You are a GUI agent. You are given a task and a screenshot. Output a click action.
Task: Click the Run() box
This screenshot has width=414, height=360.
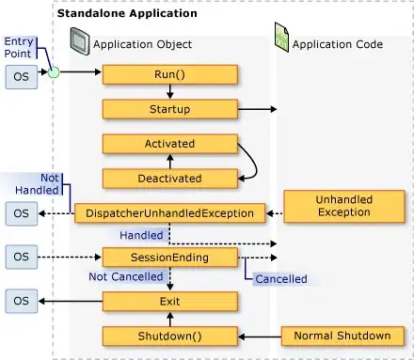pyautogui.click(x=170, y=74)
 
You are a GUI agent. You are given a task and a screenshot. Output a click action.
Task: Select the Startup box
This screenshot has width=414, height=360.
pyautogui.click(x=170, y=109)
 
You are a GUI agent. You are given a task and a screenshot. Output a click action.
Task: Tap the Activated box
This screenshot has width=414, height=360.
pyautogui.click(x=170, y=144)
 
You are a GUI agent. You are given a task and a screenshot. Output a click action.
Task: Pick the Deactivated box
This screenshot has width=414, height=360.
pyautogui.click(x=170, y=179)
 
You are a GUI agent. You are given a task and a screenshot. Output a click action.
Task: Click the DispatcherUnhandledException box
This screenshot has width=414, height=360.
pyautogui.click(x=169, y=213)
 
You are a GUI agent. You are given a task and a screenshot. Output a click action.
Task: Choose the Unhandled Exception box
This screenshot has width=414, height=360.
pyautogui.click(x=344, y=206)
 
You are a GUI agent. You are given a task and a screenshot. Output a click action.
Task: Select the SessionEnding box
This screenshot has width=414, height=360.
pyautogui.click(x=170, y=258)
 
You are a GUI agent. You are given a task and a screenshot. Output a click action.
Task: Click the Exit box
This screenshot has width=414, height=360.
pyautogui.click(x=170, y=302)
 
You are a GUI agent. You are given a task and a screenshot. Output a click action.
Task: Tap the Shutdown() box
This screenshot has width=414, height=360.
pyautogui.click(x=170, y=337)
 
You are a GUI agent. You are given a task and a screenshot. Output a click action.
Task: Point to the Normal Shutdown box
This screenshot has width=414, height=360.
pyautogui.click(x=342, y=336)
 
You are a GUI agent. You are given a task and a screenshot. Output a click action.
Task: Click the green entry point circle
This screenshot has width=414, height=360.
pyautogui.click(x=54, y=72)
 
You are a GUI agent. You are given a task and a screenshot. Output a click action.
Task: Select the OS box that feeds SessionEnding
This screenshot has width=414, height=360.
pyautogui.click(x=22, y=257)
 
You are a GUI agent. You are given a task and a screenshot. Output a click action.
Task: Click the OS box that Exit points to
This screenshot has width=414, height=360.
pyautogui.click(x=22, y=301)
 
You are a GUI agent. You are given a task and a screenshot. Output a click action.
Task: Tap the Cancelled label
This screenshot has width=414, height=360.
pyautogui.click(x=281, y=279)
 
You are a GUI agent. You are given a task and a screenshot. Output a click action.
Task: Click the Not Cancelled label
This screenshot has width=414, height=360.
pyautogui.click(x=126, y=276)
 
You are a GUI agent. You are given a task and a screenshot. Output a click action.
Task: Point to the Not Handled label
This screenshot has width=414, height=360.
pyautogui.click(x=38, y=184)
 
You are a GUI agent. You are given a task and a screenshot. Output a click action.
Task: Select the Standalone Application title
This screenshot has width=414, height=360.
pyautogui.click(x=127, y=13)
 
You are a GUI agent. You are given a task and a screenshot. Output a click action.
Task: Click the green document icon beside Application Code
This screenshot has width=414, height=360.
pyautogui.click(x=281, y=37)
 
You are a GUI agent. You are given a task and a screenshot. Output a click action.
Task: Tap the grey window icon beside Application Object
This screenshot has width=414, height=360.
pyautogui.click(x=79, y=41)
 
